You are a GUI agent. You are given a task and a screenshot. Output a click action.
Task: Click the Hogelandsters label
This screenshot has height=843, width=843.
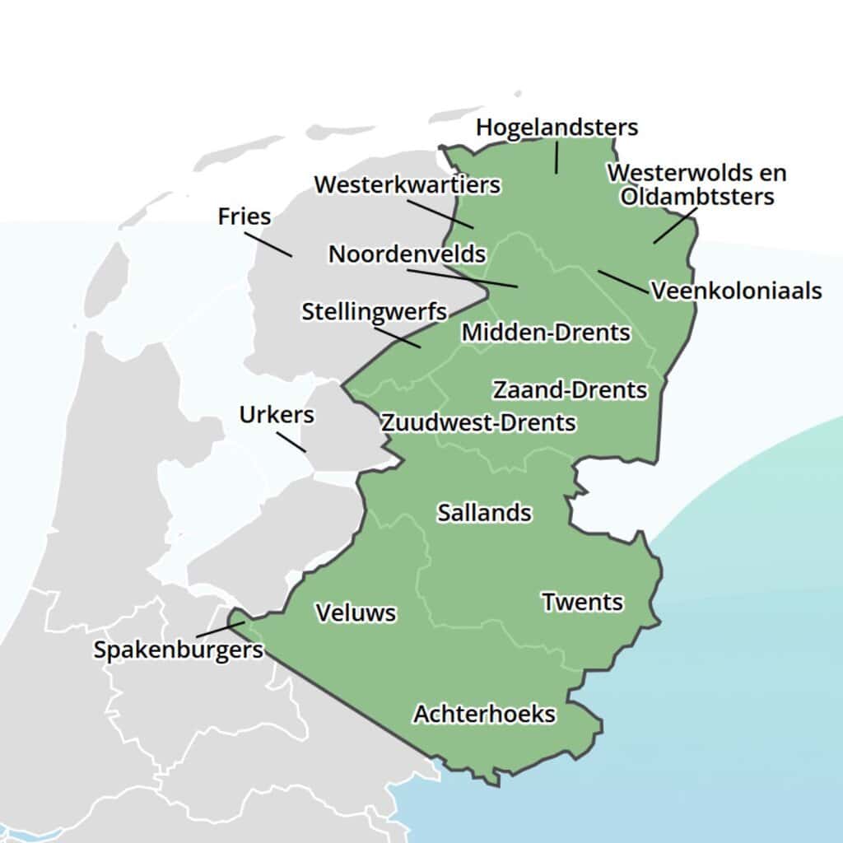pyautogui.click(x=557, y=128)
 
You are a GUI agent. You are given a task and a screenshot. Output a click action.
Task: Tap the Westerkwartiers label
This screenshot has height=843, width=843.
pyautogui.click(x=407, y=184)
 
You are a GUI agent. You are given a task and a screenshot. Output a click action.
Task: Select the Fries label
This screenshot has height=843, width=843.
pyautogui.click(x=245, y=217)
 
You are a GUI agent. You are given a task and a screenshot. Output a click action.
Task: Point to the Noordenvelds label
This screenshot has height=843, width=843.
pyautogui.click(x=407, y=254)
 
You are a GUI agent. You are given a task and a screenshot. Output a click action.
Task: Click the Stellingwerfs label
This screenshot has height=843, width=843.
pyautogui.click(x=374, y=312)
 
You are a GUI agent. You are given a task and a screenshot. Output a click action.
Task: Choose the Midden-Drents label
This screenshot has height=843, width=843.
pyautogui.click(x=546, y=333)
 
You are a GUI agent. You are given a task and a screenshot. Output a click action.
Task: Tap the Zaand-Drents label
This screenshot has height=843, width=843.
pyautogui.click(x=570, y=389)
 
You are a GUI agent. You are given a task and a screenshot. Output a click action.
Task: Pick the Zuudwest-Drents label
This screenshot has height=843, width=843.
pyautogui.click(x=477, y=422)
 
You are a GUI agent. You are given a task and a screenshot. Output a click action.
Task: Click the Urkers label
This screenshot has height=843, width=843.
pyautogui.click(x=277, y=415)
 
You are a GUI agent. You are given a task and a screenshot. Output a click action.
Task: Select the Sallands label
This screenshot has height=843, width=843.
pyautogui.click(x=484, y=512)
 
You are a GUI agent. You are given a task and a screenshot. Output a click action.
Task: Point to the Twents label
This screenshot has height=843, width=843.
pyautogui.click(x=582, y=602)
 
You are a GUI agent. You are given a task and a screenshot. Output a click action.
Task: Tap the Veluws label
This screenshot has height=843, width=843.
pyautogui.click(x=356, y=612)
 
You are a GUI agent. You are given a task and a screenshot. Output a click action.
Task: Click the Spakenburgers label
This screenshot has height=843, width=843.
pyautogui.click(x=178, y=650)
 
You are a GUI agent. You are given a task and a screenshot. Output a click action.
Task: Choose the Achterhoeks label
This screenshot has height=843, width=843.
pyautogui.click(x=484, y=713)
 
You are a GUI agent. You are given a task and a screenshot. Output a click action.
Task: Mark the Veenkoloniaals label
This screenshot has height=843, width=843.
pyautogui.click(x=736, y=291)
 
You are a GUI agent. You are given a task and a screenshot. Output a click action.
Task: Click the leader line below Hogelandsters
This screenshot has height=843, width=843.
pyautogui.click(x=557, y=157)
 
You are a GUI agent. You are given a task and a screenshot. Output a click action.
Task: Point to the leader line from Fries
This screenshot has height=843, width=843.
pyautogui.click(x=268, y=244)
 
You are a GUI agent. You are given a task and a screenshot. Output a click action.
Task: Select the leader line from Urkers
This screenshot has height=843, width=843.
pyautogui.click(x=291, y=441)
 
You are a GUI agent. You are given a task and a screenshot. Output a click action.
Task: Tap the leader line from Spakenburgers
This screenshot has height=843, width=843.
pyautogui.click(x=220, y=630)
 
